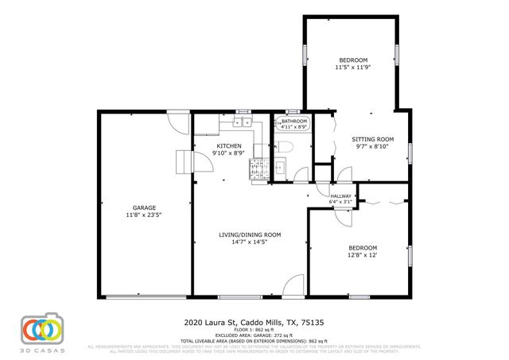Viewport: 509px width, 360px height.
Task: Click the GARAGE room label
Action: click(144, 207)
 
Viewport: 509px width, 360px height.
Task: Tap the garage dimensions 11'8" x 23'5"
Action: click(144, 215)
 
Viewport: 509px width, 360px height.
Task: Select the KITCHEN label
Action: click(230, 146)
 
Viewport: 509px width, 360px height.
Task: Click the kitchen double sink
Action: click(242, 122)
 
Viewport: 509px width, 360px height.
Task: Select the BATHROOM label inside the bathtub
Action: click(294, 121)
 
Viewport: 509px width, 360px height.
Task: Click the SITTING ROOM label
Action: click(373, 138)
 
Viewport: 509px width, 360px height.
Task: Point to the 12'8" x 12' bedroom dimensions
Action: click(361, 255)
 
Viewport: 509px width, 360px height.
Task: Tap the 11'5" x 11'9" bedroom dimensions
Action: click(353, 68)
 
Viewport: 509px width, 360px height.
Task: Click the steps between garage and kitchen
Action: click(184, 161)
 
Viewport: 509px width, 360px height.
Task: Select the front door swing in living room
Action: click(293, 285)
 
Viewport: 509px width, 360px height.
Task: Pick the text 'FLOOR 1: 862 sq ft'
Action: click(254, 328)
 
